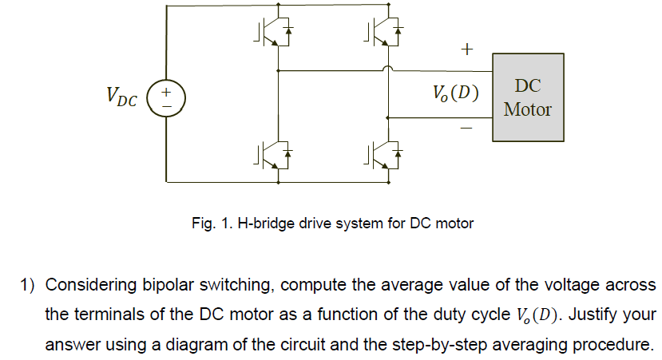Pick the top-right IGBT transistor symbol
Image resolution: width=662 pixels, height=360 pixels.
coord(386,30)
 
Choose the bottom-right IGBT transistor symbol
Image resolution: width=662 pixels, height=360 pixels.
coord(386,153)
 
